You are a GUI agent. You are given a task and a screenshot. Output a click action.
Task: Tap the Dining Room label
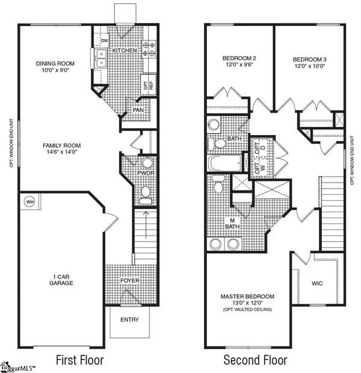54,63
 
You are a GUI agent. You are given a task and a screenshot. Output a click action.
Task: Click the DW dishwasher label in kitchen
104,41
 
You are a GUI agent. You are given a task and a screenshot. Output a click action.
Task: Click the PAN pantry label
138,111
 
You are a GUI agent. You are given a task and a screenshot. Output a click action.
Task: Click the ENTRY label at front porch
129,319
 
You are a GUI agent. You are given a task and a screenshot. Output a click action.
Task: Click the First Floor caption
80,360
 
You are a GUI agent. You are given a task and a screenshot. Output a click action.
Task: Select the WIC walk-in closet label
318,283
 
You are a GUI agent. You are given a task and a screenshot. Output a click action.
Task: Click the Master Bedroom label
248,296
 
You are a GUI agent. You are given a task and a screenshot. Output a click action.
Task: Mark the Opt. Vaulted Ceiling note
248,310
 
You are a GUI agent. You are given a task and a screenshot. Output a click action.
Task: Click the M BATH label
229,222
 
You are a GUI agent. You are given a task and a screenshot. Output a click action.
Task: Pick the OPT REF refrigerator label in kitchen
145,85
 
